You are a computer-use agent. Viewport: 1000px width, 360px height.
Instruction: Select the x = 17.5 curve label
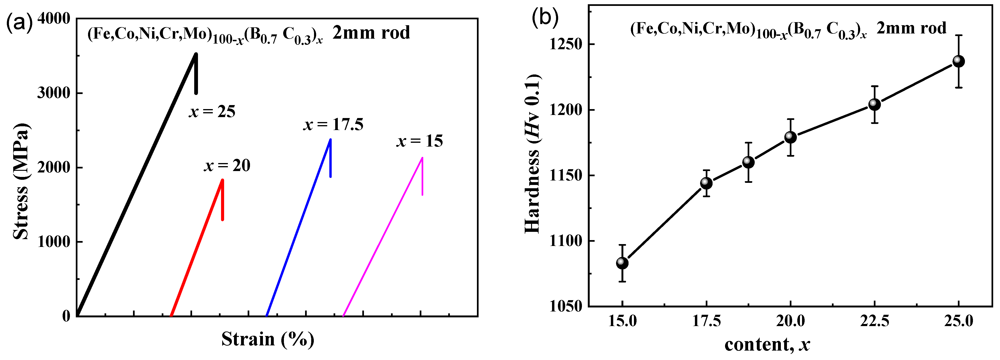tap(333, 125)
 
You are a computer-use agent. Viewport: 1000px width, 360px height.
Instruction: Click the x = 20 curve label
tap(227, 166)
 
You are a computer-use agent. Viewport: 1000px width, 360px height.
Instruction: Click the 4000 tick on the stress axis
tap(54, 19)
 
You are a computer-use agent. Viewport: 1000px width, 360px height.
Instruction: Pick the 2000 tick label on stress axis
tap(54, 167)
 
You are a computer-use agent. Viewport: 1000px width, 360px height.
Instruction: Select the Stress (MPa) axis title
tap(21, 182)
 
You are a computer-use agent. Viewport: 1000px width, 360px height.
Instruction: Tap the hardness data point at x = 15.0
tap(622, 263)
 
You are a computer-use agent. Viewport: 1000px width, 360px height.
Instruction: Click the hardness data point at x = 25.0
tap(959, 61)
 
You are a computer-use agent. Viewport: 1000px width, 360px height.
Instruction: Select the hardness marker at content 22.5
tap(875, 104)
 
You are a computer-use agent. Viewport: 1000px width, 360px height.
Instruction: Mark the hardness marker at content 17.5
tap(706, 183)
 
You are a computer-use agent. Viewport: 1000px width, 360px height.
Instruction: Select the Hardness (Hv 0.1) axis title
tap(533, 154)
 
